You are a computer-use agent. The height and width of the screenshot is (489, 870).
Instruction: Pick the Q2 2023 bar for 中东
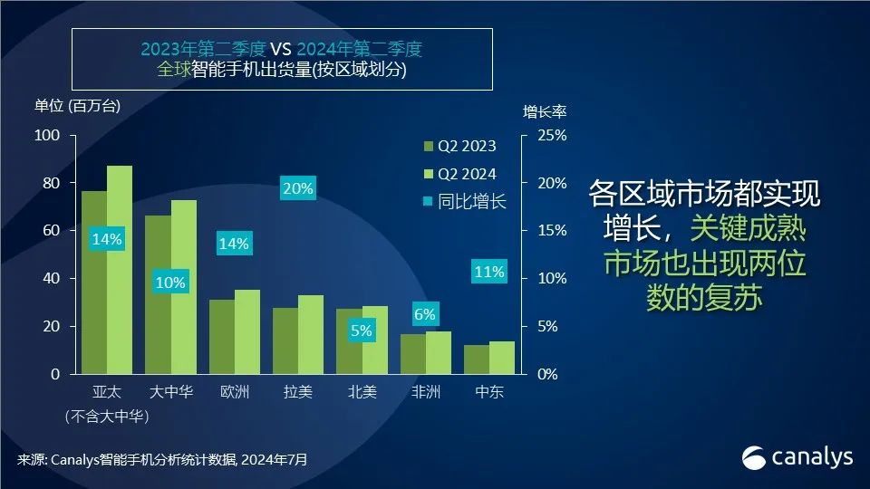tap(477, 360)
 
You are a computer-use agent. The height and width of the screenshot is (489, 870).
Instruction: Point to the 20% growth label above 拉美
tap(297, 189)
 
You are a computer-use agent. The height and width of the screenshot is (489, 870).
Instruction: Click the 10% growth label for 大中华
tap(169, 283)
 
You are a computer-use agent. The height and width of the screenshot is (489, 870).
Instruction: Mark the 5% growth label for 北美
tap(361, 331)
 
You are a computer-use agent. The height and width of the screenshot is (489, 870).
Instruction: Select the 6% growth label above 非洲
tap(425, 315)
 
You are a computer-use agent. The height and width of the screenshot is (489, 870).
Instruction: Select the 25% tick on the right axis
tap(551, 136)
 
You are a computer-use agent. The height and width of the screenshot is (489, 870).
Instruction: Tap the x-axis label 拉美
tap(297, 393)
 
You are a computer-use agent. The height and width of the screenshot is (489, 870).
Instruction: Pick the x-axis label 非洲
tap(425, 393)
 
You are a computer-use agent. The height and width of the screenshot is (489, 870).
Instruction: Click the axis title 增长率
tap(545, 112)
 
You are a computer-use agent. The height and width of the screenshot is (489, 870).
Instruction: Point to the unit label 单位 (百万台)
tap(77, 105)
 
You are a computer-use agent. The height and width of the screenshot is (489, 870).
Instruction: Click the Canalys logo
tap(797, 457)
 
